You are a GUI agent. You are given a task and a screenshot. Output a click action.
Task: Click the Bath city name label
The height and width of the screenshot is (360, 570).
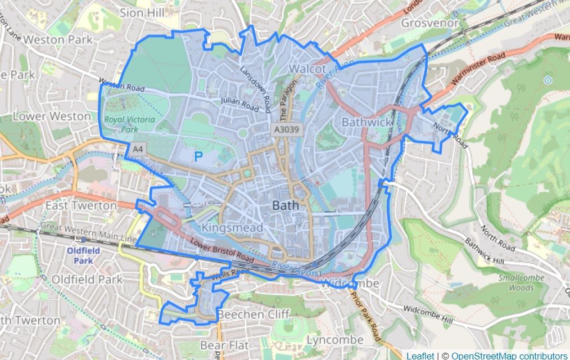pos(286,206)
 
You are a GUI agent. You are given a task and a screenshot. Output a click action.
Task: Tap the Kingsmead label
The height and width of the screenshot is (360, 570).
pos(232,228)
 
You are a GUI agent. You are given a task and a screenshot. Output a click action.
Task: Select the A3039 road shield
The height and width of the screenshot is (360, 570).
pos(286,129)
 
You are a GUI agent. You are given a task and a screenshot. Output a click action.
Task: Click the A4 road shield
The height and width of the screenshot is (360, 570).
pos(137,150)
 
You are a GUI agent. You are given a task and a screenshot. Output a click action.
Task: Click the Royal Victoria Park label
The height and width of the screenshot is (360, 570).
pos(121,124)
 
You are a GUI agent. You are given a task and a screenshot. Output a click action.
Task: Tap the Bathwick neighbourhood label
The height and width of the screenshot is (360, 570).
pos(366,122)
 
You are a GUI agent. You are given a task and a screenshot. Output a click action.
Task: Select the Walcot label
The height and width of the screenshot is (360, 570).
pos(307,69)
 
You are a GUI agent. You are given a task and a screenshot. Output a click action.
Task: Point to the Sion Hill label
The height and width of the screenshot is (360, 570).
pos(140,12)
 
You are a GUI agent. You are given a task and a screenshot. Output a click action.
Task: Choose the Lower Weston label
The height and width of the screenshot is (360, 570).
pos(52,116)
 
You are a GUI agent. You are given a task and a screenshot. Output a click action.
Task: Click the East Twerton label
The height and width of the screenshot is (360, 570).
pos(81,206)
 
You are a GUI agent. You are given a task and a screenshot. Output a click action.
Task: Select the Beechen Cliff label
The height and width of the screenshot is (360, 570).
pos(254,314)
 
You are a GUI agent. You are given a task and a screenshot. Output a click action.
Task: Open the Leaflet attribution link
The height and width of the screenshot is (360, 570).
pos(420,355)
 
